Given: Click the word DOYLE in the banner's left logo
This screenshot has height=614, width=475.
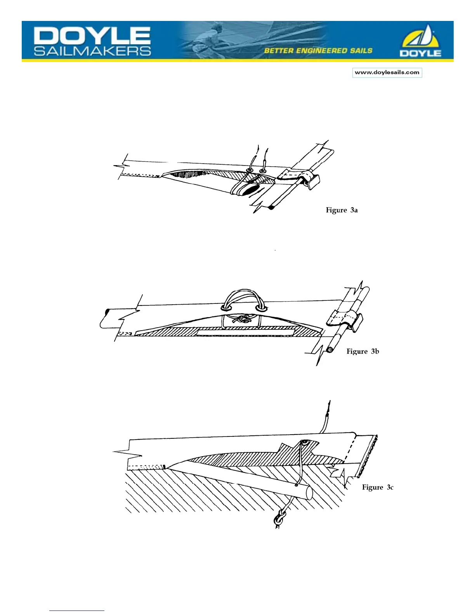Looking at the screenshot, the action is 92,36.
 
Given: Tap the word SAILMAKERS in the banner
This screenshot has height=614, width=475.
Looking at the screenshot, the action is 92,51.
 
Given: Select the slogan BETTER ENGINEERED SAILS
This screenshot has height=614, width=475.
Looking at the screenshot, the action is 318,51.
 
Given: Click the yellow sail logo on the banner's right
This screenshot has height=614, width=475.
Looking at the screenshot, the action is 421,41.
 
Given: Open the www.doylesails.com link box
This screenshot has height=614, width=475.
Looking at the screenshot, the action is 387,72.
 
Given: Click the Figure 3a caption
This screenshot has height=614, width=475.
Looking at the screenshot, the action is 342,210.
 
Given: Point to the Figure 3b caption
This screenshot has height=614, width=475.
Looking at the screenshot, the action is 362,351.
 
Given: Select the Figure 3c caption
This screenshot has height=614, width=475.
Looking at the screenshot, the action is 378,487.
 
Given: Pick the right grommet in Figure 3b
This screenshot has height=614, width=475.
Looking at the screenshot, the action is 262,309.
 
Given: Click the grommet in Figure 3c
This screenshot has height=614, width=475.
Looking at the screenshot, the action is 305,442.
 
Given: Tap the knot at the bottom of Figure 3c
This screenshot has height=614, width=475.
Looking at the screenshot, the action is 279,519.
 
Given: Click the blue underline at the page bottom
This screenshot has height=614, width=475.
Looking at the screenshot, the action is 76,611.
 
